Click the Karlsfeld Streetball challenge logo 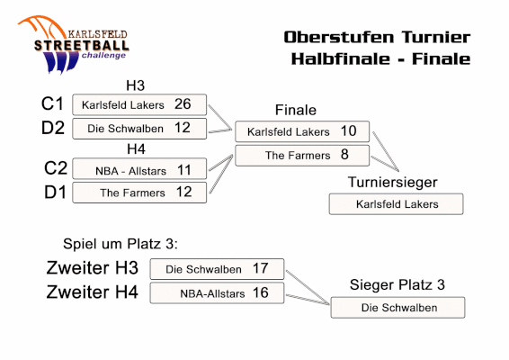tap(74, 44)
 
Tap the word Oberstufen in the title tap(340, 37)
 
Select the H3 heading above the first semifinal tap(135, 85)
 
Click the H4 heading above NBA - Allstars tap(136, 149)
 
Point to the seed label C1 tap(52, 104)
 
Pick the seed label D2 tap(53, 128)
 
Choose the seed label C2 tap(56, 168)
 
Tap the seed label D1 tap(55, 192)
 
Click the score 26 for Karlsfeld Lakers tap(183, 104)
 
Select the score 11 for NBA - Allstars tap(184, 170)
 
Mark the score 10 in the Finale tap(349, 130)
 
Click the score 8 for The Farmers tap(344, 154)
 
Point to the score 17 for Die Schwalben tap(260, 268)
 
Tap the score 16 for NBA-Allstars tap(261, 292)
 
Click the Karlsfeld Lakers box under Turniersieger tap(396, 204)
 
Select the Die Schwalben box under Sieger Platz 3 tap(397, 308)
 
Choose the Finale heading tap(295, 110)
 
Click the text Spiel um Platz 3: tap(121, 244)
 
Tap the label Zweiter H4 tap(93, 292)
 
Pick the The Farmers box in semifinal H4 tap(139, 193)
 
